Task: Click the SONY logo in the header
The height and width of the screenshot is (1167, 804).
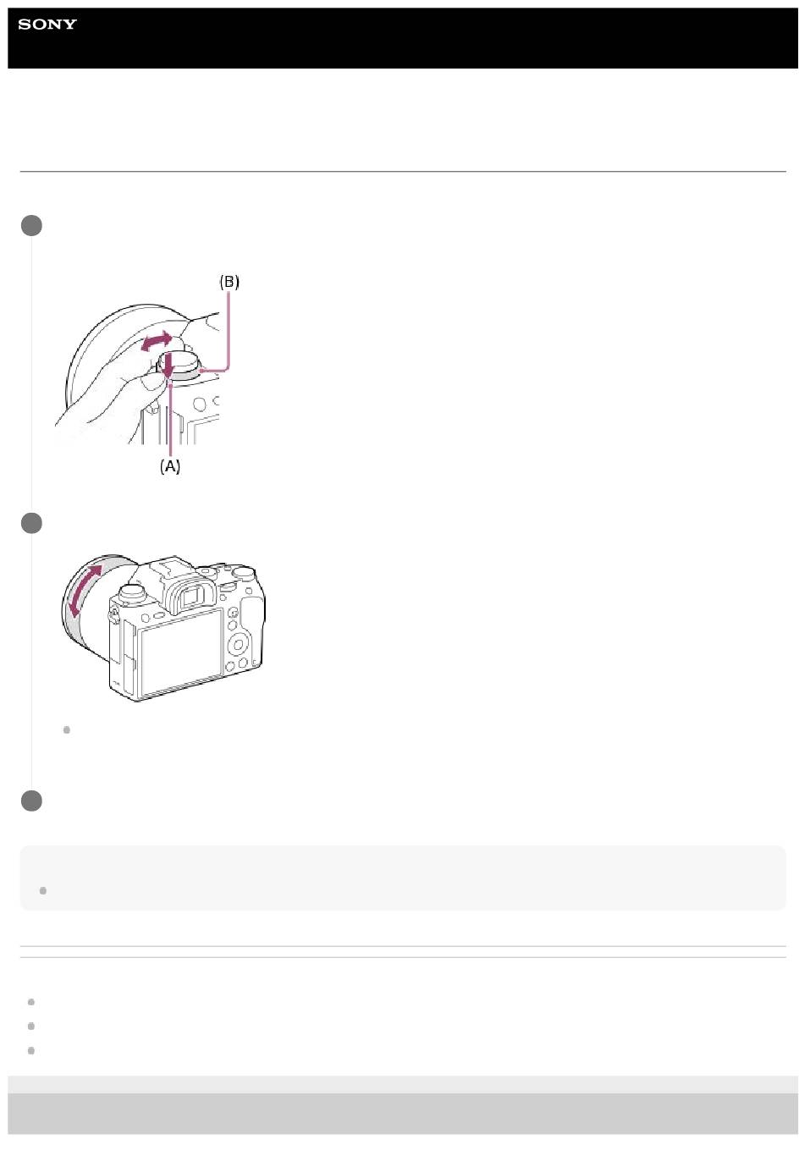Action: pyautogui.click(x=47, y=24)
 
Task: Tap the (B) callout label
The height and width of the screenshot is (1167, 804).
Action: pyautogui.click(x=229, y=282)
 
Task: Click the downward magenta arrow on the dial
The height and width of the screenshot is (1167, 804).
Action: pyautogui.click(x=168, y=366)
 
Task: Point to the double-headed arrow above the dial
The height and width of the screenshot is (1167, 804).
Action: pyautogui.click(x=157, y=340)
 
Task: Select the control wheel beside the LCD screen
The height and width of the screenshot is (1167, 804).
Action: pyautogui.click(x=238, y=646)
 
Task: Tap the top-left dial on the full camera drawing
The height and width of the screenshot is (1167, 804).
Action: pyautogui.click(x=132, y=592)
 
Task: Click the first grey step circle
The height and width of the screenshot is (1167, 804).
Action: pyautogui.click(x=31, y=225)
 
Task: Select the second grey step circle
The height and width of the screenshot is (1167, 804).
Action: pyautogui.click(x=31, y=523)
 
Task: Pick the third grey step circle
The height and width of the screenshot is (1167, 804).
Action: pyautogui.click(x=31, y=801)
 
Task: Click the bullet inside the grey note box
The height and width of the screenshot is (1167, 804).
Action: pyautogui.click(x=43, y=890)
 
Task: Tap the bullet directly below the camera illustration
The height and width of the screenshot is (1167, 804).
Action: pyautogui.click(x=67, y=729)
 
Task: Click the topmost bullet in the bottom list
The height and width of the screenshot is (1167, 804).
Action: pyautogui.click(x=31, y=1002)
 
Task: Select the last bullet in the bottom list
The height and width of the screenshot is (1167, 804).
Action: pyautogui.click(x=31, y=1050)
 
